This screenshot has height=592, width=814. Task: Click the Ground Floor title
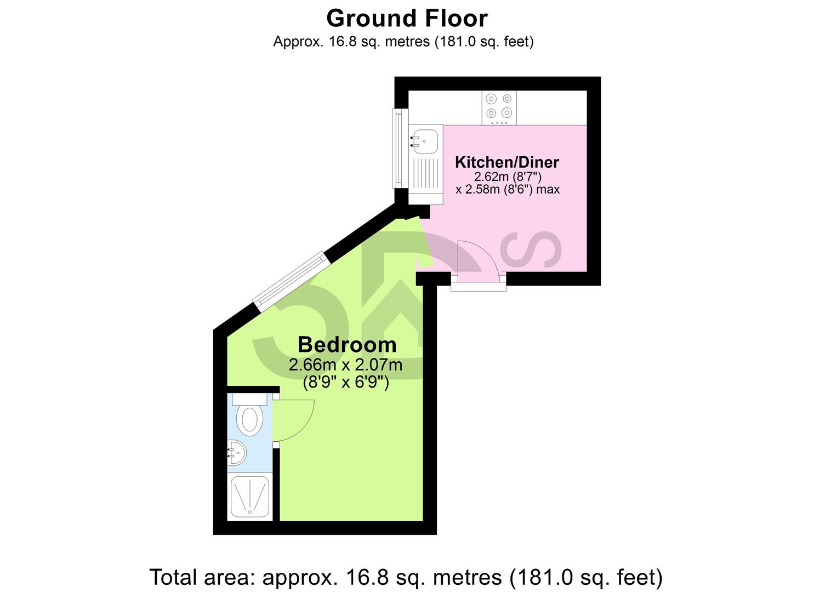pyautogui.click(x=407, y=19)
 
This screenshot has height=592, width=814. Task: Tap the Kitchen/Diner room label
pyautogui.click(x=507, y=162)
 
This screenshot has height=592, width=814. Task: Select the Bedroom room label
pyautogui.click(x=347, y=345)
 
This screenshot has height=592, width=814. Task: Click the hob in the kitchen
pyautogui.click(x=499, y=106)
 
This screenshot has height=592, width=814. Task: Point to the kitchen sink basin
pyautogui.click(x=425, y=140)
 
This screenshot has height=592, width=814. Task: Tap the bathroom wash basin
pyautogui.click(x=237, y=453)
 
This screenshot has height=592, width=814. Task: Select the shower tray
pyautogui.click(x=250, y=497)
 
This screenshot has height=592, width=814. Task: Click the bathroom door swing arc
pyautogui.click(x=296, y=420)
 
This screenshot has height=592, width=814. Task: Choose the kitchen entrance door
pyautogui.click(x=478, y=262)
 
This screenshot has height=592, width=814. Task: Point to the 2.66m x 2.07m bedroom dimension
pyautogui.click(x=346, y=365)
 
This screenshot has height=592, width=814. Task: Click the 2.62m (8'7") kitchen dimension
pyautogui.click(x=508, y=177)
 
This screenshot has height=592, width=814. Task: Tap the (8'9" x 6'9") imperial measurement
pyautogui.click(x=346, y=383)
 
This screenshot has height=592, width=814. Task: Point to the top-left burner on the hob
pyautogui.click(x=491, y=99)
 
